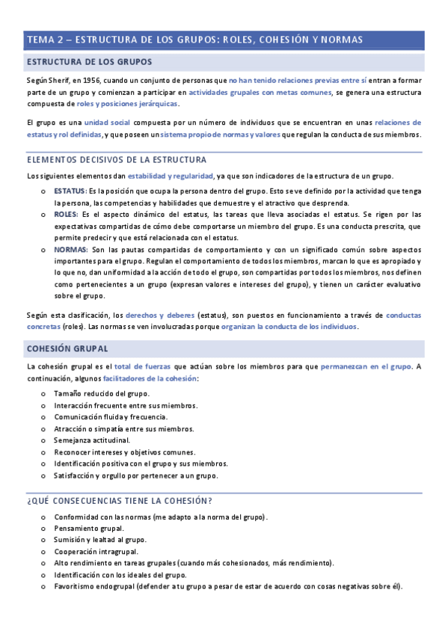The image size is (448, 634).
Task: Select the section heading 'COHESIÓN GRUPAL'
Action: click(67, 348)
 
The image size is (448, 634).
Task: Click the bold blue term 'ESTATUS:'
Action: click(70, 191)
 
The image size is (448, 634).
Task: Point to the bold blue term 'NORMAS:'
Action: click(70, 249)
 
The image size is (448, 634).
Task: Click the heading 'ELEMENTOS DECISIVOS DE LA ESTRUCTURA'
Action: click(117, 160)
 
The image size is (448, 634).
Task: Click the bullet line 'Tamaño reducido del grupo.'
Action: click(102, 393)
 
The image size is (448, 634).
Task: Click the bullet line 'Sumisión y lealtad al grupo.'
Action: click(100, 539)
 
